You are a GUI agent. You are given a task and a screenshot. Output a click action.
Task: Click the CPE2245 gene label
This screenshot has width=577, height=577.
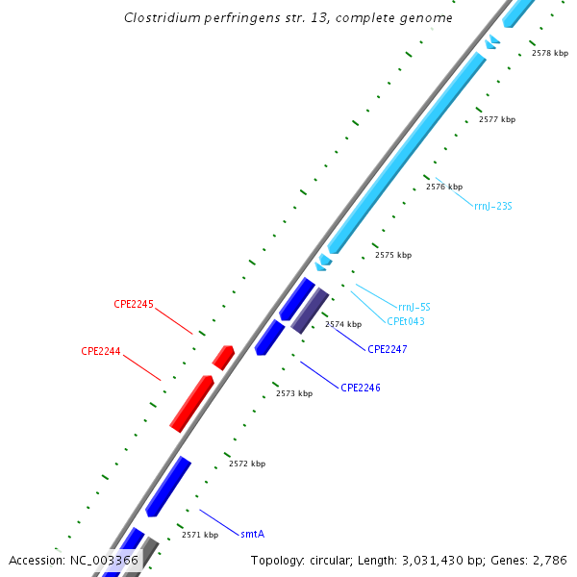(134, 304)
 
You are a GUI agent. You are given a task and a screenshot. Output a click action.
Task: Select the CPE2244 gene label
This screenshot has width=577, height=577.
(101, 351)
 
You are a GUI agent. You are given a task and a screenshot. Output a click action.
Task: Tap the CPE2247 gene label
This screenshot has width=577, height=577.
(388, 349)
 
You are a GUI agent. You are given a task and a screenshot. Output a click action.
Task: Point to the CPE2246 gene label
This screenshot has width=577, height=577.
(361, 388)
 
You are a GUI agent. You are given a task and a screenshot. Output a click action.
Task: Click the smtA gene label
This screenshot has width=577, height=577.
(252, 533)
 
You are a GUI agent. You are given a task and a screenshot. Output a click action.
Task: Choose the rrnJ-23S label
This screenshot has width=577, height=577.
(492, 205)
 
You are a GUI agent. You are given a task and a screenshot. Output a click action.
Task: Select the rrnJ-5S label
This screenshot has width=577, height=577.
(414, 307)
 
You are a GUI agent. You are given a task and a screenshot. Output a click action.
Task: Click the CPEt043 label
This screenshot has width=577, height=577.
(406, 321)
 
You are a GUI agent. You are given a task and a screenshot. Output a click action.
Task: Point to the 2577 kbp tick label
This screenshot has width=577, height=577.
(497, 119)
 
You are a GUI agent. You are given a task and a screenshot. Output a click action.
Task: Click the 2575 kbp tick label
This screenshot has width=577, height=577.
(393, 255)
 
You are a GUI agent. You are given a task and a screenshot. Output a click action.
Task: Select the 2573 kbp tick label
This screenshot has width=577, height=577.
(294, 393)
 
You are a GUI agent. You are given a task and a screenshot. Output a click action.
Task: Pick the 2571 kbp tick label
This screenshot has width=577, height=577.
(200, 535)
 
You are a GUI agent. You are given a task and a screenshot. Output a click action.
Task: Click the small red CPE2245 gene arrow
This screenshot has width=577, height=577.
(224, 358)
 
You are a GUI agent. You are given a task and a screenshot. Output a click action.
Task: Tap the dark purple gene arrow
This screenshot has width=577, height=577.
(311, 311)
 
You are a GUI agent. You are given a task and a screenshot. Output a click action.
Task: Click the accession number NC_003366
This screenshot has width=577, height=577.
(104, 560)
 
